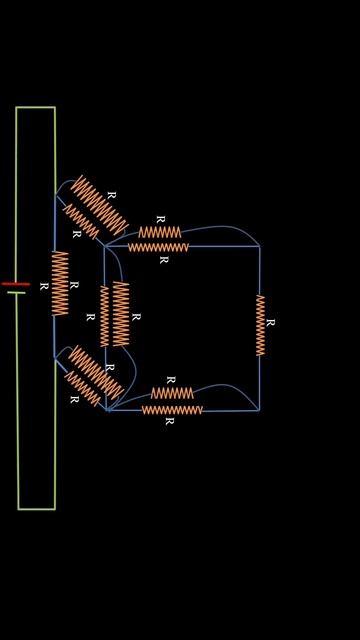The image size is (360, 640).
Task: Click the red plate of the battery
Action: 16,284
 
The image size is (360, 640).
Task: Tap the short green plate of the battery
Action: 16,292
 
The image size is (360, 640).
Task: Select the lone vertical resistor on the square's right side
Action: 260,325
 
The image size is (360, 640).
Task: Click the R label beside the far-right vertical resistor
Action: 270,322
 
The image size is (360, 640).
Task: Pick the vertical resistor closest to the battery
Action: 60,283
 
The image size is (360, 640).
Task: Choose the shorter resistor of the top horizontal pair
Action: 160,232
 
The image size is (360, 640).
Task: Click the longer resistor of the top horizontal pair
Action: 158,247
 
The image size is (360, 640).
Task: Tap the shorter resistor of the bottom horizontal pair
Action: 172,393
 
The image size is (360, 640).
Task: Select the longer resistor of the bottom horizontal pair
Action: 172,410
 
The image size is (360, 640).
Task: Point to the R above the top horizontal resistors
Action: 161,220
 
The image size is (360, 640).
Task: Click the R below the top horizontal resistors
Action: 164,260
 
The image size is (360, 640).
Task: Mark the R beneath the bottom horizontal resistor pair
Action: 169,421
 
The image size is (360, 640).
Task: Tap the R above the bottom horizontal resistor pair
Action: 171,380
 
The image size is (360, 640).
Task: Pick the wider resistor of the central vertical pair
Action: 121,314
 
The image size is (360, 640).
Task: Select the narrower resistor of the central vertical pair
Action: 104,316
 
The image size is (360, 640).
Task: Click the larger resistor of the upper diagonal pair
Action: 100,206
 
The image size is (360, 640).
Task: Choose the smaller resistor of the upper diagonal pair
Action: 81,222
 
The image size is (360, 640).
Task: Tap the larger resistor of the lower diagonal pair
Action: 96,373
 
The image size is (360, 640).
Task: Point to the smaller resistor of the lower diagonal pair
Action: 82,389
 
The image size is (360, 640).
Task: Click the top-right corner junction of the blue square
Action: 259,246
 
